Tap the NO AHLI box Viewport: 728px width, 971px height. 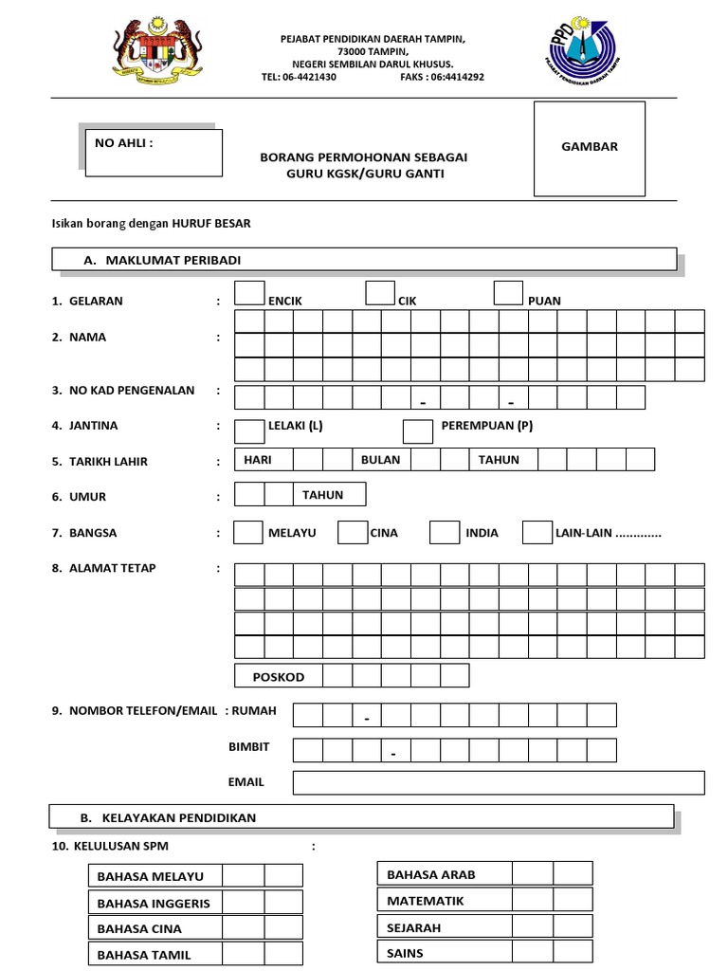[154, 153]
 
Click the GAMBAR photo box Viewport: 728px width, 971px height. [589, 147]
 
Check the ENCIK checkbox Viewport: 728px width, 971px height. [249, 293]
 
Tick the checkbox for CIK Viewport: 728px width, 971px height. [380, 293]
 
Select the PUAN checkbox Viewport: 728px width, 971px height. [508, 293]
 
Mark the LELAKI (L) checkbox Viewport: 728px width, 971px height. [249, 431]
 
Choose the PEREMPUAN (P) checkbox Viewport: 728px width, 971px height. [418, 431]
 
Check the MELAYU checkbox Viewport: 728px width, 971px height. [248, 533]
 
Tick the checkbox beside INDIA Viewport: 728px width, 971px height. [444, 533]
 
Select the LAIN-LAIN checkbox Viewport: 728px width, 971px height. [537, 533]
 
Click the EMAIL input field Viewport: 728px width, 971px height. [499, 782]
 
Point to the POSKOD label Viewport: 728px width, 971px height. [279, 677]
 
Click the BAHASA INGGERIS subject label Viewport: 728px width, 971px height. [154, 904]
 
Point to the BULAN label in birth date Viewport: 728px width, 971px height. [380, 460]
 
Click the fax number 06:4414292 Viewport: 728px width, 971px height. [443, 77]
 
